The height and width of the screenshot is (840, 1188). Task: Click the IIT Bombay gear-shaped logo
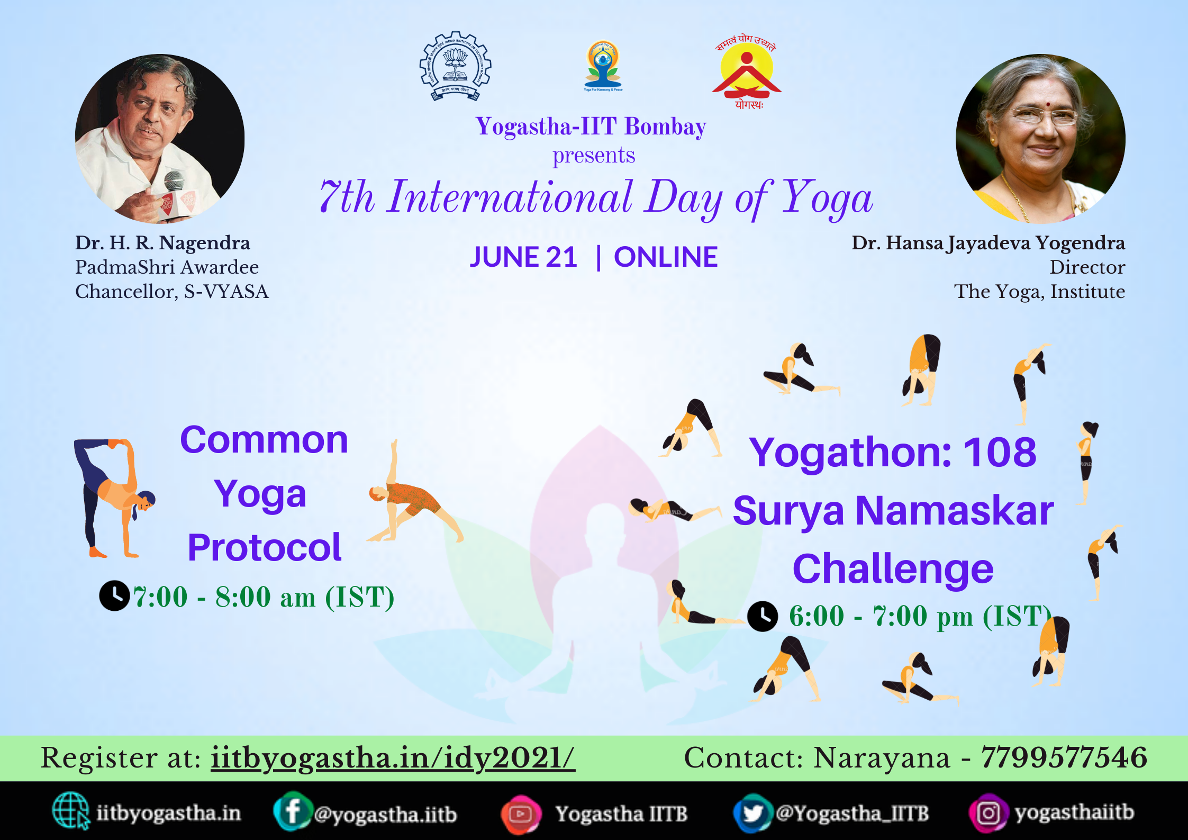tap(456, 66)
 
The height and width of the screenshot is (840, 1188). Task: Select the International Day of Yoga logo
tap(603, 66)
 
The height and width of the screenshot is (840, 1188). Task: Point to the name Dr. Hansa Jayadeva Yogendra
tap(988, 243)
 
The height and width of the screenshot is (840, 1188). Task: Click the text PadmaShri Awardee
tap(167, 267)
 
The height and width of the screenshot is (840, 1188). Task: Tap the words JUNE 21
tap(523, 257)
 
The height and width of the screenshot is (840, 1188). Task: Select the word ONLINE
tap(666, 257)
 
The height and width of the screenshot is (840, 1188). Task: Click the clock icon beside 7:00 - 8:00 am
tap(114, 596)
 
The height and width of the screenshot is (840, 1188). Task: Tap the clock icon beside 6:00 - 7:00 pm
tap(763, 616)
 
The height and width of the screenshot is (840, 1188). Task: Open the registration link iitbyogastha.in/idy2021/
tap(393, 758)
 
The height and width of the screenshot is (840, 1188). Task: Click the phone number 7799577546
tap(1064, 757)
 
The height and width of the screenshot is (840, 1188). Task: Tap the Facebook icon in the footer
tap(291, 811)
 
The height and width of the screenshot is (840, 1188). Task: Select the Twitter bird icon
tap(752, 813)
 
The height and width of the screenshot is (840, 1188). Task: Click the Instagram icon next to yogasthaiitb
tap(987, 813)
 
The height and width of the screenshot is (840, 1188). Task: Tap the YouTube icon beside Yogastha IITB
tap(521, 814)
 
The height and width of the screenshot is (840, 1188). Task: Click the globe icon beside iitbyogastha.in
tap(70, 810)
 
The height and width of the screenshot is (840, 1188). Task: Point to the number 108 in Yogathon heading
tap(999, 453)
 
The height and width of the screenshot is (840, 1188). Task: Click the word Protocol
tap(265, 547)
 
